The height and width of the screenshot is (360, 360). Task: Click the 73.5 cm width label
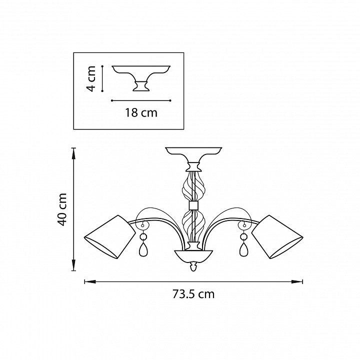pos(193,294)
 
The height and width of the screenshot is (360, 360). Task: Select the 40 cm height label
pos(62,209)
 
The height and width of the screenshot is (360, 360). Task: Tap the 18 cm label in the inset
pos(141,113)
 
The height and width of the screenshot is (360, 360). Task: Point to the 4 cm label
pos(91,79)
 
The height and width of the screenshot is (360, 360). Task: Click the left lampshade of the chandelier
pos(110,236)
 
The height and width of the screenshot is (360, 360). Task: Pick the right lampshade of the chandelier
pos(277,236)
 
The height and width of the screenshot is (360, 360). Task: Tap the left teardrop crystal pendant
pos(142,250)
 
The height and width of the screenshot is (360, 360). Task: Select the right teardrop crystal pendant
pos(244,250)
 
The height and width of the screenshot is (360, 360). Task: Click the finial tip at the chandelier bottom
pos(193,270)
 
